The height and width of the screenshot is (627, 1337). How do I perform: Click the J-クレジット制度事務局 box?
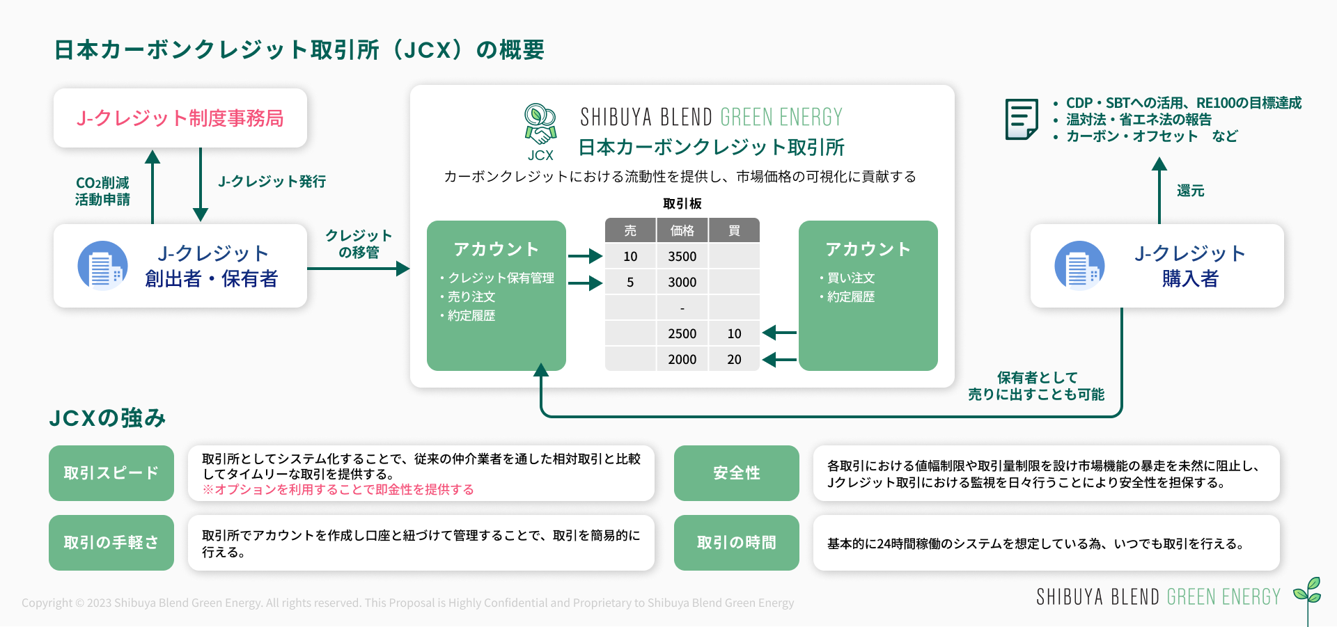180,118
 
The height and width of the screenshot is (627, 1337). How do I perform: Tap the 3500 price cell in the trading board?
682,256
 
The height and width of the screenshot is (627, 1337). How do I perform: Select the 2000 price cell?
682,359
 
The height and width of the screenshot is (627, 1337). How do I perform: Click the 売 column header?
630,230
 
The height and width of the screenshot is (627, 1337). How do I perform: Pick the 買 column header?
734,230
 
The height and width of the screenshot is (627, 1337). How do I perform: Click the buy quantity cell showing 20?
734,359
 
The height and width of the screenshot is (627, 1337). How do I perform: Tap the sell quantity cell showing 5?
630,282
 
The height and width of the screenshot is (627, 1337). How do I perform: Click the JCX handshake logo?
540,125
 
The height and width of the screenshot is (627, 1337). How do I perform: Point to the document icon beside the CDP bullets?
1022,119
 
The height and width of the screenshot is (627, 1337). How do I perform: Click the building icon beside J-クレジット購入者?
1079,266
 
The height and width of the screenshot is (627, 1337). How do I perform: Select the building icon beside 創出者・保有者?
102,266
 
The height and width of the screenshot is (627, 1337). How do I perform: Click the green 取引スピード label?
111,473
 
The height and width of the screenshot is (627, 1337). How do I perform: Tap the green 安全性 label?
736,473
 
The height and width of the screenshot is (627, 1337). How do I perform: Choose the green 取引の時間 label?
736,543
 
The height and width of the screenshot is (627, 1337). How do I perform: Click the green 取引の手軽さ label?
111,543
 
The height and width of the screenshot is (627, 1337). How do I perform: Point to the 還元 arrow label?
1190,191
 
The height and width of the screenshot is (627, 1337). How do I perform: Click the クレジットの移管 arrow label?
359,244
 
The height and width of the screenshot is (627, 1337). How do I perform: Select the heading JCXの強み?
107,418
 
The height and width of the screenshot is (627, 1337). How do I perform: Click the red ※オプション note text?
338,490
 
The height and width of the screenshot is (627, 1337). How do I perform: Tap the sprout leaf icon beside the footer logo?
1308,592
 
